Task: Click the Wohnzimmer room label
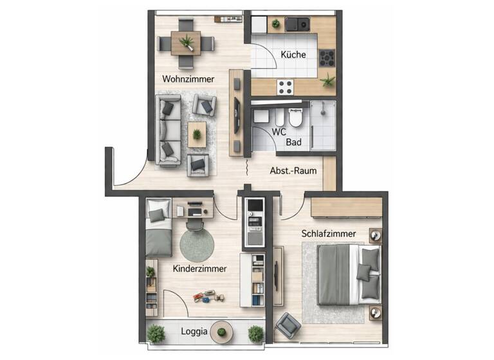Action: tap(188, 79)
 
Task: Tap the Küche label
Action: tap(293, 55)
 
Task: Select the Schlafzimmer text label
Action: tap(327, 234)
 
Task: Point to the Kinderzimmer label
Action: tap(199, 269)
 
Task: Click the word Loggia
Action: tap(194, 332)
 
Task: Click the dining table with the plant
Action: tap(187, 43)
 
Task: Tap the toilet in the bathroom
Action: tap(295, 117)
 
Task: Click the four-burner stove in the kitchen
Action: tap(327, 58)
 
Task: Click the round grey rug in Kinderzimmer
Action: tap(196, 245)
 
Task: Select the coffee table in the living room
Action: tap(197, 134)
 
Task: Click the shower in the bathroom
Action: tap(323, 125)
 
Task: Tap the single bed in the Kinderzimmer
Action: tap(158, 228)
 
